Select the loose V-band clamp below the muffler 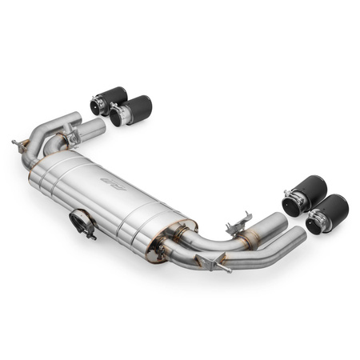pos(82,222)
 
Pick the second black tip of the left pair pos(129,111)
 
